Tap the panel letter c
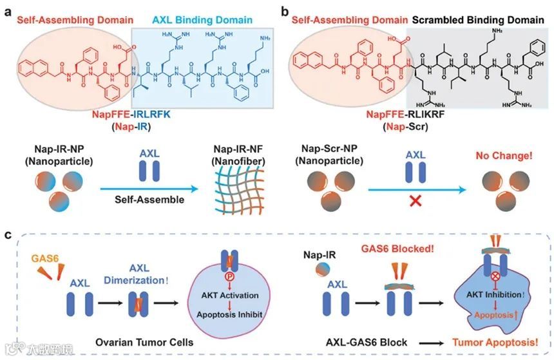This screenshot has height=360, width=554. pos(8,235)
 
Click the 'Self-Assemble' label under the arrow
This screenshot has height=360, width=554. pos(148,200)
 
